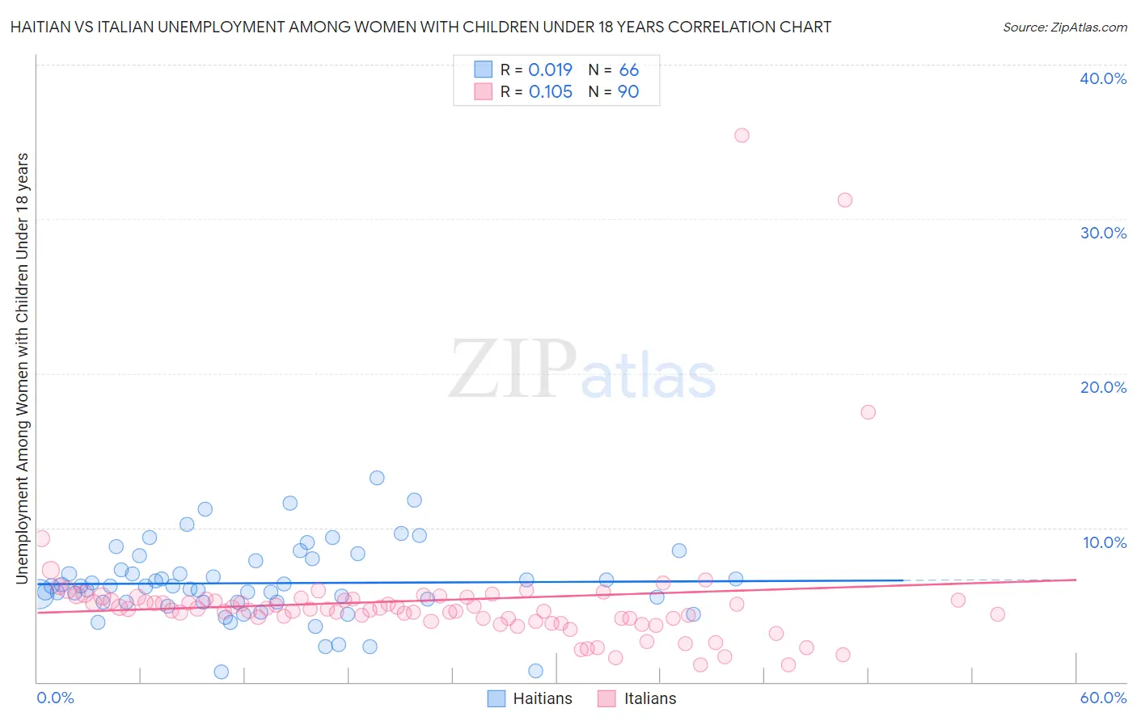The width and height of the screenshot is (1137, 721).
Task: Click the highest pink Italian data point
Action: (x=742, y=135)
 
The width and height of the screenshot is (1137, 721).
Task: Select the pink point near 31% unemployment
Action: (x=845, y=200)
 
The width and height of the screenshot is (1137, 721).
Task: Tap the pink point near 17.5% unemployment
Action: (x=868, y=412)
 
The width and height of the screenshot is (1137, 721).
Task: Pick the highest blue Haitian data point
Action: (x=377, y=478)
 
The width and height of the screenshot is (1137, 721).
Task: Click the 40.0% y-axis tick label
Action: (x=1103, y=78)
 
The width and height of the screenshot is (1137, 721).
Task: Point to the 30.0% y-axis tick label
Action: (x=1103, y=233)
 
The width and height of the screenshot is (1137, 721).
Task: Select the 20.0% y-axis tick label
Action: (x=1103, y=387)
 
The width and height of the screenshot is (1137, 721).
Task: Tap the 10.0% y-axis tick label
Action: (x=1104, y=542)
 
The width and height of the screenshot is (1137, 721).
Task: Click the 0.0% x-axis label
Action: (x=55, y=698)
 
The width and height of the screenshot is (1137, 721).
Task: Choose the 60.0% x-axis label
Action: (x=1103, y=698)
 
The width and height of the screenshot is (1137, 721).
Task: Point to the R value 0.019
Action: (x=550, y=70)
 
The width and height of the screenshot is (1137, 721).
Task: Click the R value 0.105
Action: (x=550, y=91)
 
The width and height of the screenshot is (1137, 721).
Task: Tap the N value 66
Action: (x=628, y=70)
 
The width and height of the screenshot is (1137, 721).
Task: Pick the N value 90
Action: (x=628, y=91)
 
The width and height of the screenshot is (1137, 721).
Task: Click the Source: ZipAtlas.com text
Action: (x=1064, y=27)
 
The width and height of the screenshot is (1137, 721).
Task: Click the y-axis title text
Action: (x=23, y=368)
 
